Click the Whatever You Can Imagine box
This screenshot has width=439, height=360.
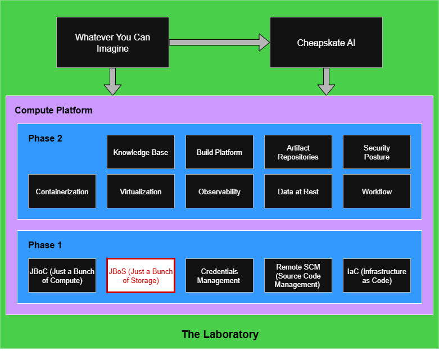tap(112, 43)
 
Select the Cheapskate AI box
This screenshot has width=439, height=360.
tap(326, 43)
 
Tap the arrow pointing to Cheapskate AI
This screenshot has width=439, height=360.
tap(219, 42)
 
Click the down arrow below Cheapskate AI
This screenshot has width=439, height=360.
tap(326, 82)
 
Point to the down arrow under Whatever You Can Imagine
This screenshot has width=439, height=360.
tap(112, 82)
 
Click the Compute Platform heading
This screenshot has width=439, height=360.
tap(53, 110)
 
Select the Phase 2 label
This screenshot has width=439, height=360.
tap(45, 138)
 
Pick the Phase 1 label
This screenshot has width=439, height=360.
tap(45, 245)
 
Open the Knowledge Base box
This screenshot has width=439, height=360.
tap(141, 152)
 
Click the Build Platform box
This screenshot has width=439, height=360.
tap(219, 152)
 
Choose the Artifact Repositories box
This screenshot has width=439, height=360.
tap(298, 152)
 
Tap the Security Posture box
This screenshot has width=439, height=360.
tap(377, 152)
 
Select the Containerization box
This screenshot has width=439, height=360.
tap(62, 192)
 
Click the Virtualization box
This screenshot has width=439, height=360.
tap(141, 192)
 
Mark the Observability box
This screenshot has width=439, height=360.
tap(219, 192)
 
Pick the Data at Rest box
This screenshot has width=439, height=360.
tap(298, 192)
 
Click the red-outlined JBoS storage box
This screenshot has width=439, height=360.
tap(141, 276)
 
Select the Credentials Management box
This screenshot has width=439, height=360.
tap(219, 276)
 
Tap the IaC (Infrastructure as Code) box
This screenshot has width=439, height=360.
tap(377, 276)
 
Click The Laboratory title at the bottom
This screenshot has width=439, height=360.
tap(220, 335)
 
